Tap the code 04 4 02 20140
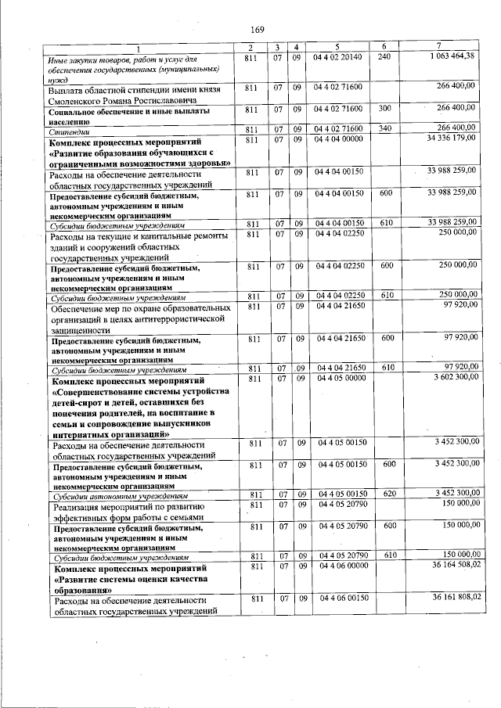338,58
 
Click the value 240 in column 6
383,58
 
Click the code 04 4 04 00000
338,138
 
